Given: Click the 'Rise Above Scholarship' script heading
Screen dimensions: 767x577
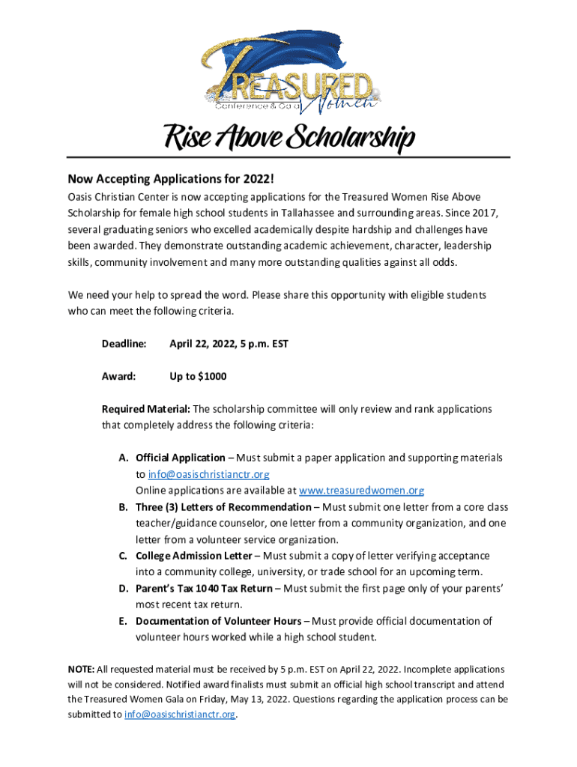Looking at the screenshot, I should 288,140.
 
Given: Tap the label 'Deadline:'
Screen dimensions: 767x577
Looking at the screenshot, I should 124,344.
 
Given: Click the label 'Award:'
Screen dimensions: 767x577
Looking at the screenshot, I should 118,376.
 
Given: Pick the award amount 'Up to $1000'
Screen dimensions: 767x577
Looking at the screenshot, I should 198,376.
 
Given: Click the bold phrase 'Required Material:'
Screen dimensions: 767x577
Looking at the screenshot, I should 146,409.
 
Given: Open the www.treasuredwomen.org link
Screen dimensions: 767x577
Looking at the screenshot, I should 361,491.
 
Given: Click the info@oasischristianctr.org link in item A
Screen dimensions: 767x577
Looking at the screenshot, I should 208,474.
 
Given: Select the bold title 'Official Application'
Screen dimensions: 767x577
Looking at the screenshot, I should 180,458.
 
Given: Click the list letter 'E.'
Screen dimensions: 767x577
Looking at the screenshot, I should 121,621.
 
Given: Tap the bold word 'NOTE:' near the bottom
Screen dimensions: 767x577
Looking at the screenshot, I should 81,669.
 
